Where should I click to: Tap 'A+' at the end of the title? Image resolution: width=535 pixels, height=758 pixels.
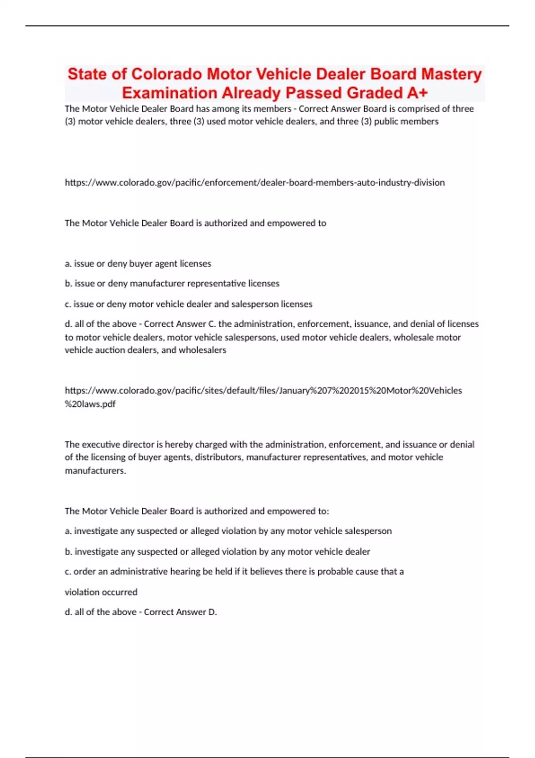click(417, 93)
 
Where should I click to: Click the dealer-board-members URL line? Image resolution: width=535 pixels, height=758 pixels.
click(255, 182)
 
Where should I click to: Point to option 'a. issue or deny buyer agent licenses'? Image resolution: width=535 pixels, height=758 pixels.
click(138, 264)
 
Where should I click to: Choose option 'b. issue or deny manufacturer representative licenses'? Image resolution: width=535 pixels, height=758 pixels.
click(172, 284)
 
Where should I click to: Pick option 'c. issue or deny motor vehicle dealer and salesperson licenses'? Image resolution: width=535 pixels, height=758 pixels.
click(188, 304)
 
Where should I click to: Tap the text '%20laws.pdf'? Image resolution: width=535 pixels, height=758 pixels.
click(90, 404)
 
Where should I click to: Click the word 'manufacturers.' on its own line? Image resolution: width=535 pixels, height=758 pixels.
click(95, 471)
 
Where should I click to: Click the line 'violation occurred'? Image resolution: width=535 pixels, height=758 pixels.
click(101, 592)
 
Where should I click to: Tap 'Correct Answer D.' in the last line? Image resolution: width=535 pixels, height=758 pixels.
click(180, 612)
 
